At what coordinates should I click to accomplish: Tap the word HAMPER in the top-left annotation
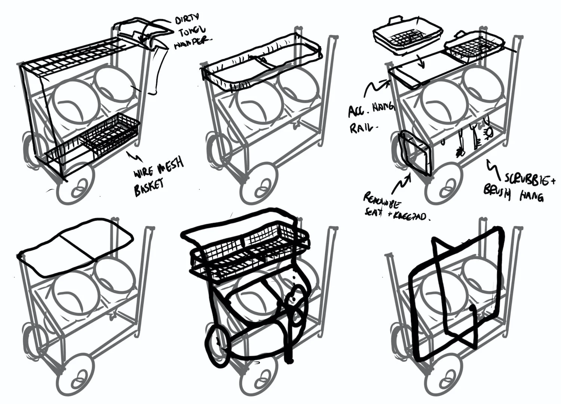(x=192, y=40)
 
